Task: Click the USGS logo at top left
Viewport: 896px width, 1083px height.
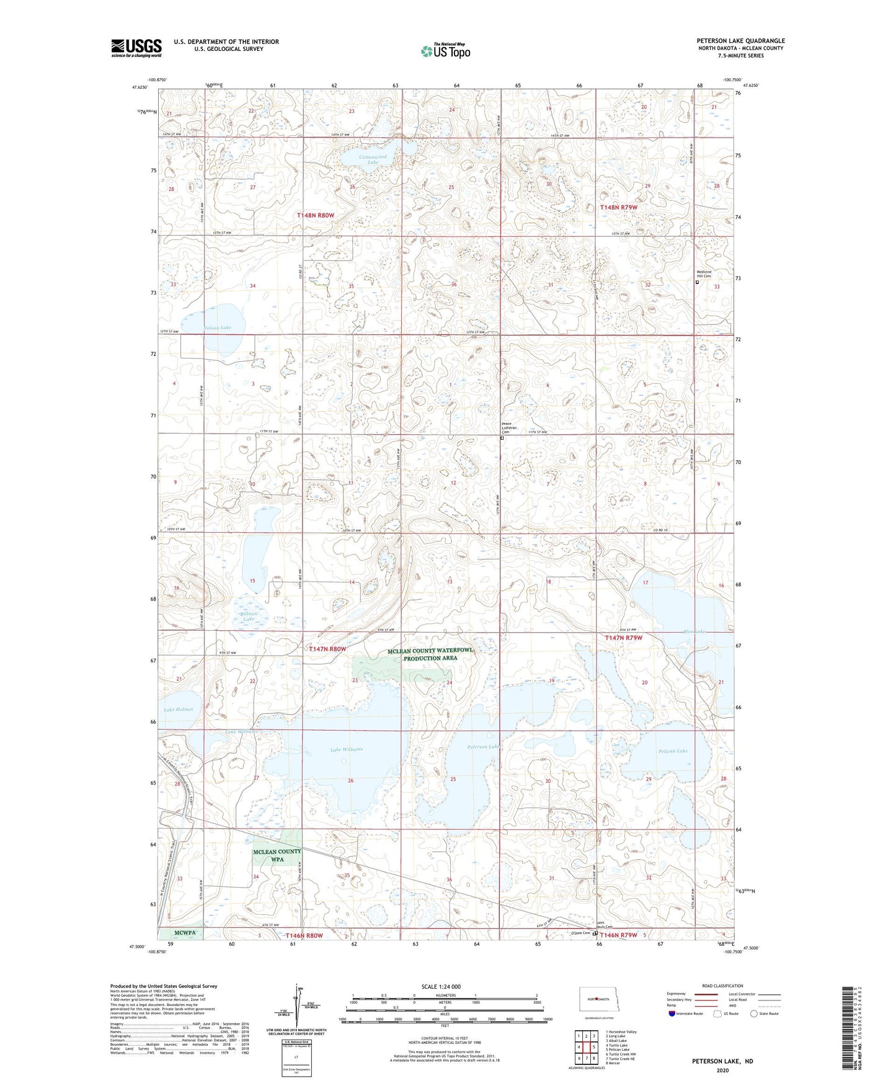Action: click(136, 48)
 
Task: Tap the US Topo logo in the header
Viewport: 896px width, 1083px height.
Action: click(445, 51)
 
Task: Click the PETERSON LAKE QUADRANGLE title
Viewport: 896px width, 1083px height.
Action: click(740, 41)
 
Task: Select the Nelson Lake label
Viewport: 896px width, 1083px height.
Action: click(216, 327)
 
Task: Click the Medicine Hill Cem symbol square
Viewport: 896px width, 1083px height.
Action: click(696, 282)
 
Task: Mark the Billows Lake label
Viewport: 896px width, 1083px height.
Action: click(248, 616)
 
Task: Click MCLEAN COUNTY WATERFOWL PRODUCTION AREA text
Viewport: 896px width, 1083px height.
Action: click(430, 654)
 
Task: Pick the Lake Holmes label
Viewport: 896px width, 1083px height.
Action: click(178, 709)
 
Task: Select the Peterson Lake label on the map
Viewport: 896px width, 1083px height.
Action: click(483, 747)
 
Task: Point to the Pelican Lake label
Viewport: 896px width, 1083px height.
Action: click(673, 751)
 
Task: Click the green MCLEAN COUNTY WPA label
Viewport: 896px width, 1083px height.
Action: click(277, 855)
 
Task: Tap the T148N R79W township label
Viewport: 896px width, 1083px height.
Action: click(618, 207)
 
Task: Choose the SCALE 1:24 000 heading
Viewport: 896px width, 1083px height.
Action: click(440, 986)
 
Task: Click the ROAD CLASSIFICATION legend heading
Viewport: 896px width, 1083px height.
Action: click(722, 986)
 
